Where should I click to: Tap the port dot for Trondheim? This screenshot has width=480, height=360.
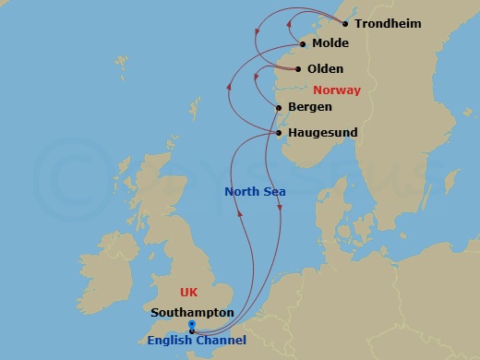(344, 24)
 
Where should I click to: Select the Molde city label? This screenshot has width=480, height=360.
(330, 43)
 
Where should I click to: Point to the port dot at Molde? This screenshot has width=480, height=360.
(303, 43)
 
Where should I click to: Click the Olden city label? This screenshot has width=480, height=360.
(324, 68)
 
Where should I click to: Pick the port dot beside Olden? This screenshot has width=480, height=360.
(297, 68)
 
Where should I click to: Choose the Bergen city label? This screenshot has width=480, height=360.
(310, 107)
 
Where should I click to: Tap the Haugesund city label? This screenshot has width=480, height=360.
(322, 133)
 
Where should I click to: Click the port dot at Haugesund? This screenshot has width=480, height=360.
(279, 133)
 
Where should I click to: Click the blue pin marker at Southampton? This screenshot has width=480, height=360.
(191, 325)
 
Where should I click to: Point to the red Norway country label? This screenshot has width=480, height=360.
(337, 90)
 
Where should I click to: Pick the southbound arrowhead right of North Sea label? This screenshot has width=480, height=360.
(281, 214)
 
